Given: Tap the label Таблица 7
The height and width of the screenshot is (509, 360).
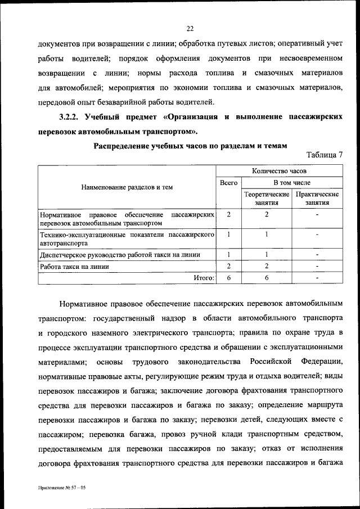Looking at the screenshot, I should [325, 155].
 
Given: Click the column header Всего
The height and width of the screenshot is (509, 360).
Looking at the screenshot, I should [228, 183].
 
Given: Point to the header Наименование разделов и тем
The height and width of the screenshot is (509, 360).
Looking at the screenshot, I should [127, 187].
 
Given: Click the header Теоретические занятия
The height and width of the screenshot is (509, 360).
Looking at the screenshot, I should [267, 199].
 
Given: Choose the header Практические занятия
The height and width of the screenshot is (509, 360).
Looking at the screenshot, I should [317, 199].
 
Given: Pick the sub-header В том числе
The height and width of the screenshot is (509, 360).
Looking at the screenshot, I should [292, 183].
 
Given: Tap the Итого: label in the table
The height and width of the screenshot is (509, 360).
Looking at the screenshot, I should [203, 278].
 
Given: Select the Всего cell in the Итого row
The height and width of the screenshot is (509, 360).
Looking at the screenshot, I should [228, 278].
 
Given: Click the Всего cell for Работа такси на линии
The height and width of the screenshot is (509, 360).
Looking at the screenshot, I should [228, 267].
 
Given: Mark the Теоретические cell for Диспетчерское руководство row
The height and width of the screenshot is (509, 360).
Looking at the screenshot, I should [267, 255].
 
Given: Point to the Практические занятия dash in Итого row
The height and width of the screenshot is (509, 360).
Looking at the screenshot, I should [317, 278].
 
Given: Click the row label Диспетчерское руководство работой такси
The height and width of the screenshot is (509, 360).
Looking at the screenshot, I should [120, 255].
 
